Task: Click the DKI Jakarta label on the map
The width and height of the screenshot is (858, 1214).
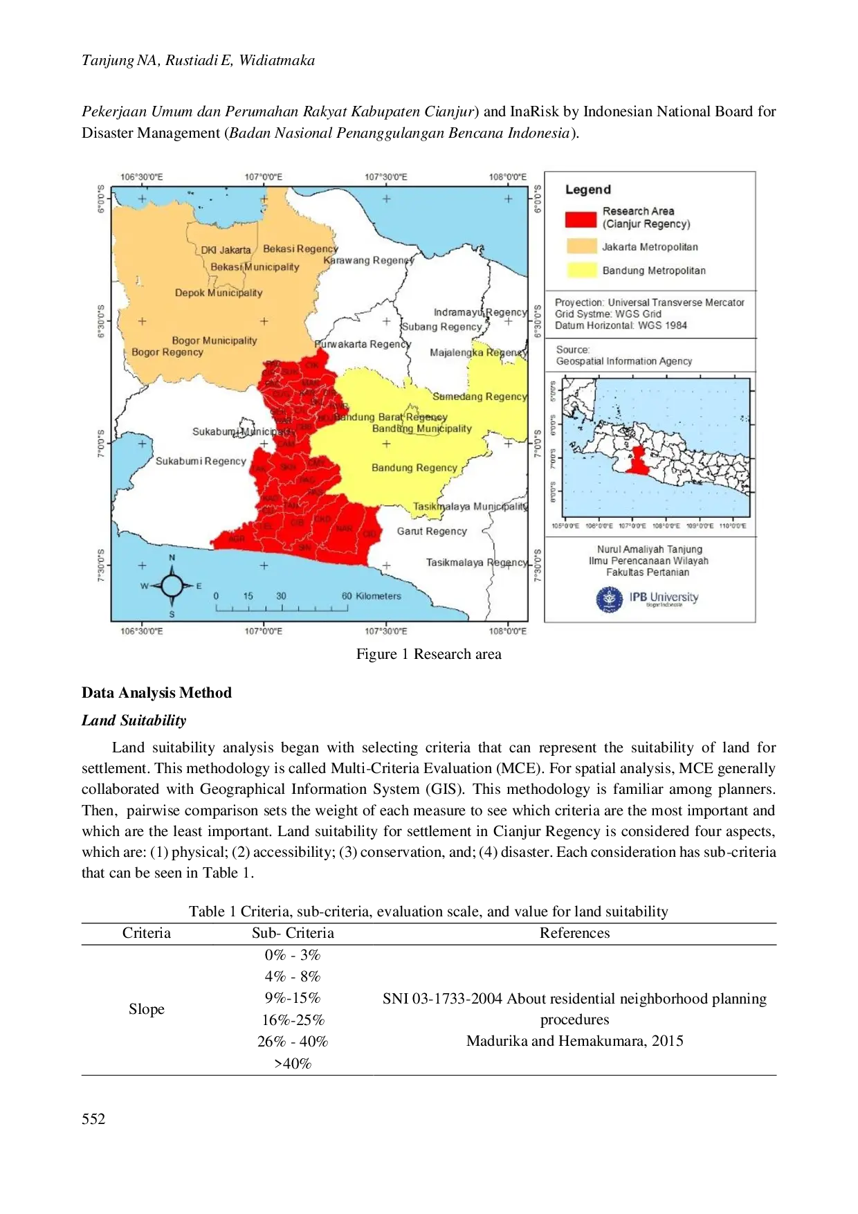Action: [226, 250]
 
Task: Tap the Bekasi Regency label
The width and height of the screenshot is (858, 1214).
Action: [300, 248]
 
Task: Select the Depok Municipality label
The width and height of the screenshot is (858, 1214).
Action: [219, 293]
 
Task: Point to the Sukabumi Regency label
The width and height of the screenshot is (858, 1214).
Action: [201, 461]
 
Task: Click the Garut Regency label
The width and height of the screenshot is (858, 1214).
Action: [432, 531]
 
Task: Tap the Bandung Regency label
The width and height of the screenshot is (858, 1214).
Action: [414, 468]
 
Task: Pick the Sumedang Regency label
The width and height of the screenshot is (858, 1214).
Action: [480, 397]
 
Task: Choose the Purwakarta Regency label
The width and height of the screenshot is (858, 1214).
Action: [363, 344]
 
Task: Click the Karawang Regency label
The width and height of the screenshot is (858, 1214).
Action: [369, 260]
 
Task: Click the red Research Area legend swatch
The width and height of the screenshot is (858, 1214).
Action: [581, 219]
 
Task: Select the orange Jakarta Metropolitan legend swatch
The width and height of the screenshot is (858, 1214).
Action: [581, 246]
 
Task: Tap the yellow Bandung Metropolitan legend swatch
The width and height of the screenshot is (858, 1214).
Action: [581, 270]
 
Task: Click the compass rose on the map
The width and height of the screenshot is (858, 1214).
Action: [172, 586]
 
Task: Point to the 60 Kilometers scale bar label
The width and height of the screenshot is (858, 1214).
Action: [372, 596]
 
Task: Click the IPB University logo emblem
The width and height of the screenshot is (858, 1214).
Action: [609, 599]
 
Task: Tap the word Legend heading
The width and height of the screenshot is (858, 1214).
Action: [588, 190]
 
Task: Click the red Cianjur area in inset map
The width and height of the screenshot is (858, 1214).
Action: [638, 460]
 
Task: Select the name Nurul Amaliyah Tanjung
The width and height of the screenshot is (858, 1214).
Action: [649, 549]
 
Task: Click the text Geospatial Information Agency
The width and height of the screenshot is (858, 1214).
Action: [623, 361]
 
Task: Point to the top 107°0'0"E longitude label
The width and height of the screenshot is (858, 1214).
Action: [264, 177]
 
